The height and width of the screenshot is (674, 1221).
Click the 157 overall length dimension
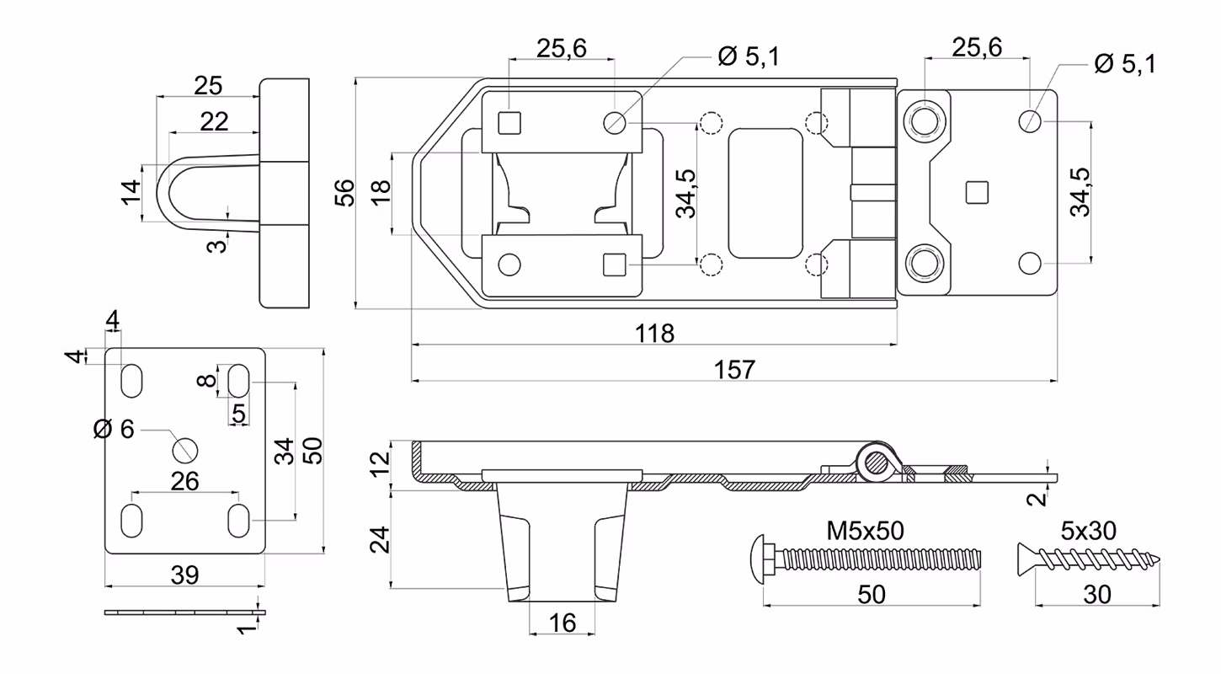735,370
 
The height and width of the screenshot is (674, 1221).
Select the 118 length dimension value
654,333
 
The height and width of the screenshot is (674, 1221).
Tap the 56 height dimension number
344,193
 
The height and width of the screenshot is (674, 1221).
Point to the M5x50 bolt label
865,531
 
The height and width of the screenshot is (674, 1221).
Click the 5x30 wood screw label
1088,531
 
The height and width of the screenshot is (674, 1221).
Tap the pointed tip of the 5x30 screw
1159,559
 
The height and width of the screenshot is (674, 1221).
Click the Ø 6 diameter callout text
114,429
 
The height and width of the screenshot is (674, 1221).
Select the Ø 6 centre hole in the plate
184,451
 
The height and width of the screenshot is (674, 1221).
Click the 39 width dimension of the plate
184,575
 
